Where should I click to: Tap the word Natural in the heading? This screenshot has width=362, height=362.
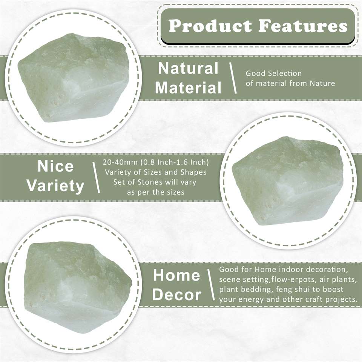pyautogui.click(x=188, y=68)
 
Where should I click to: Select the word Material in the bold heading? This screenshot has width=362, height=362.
pyautogui.click(x=188, y=88)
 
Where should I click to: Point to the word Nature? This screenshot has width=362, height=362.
pyautogui.click(x=322, y=83)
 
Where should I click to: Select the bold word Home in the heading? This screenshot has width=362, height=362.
pyautogui.click(x=176, y=275)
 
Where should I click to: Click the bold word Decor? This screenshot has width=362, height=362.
pyautogui.click(x=176, y=295)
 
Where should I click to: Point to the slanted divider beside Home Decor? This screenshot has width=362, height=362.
pyautogui.click(x=211, y=285)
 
